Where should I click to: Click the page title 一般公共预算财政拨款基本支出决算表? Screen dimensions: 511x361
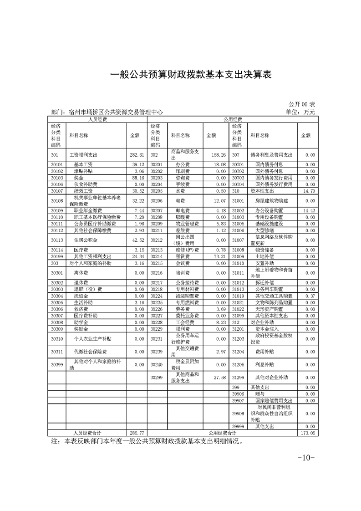click(191, 75)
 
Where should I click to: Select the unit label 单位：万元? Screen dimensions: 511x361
click(300, 112)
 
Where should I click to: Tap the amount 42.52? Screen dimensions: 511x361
click(138, 240)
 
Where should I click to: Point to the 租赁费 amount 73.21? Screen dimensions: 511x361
click(220, 256)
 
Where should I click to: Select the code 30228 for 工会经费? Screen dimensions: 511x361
click(156, 322)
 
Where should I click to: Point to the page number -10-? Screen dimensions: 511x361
click(306, 458)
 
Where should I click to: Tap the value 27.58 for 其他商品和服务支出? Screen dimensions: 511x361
click(220, 378)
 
